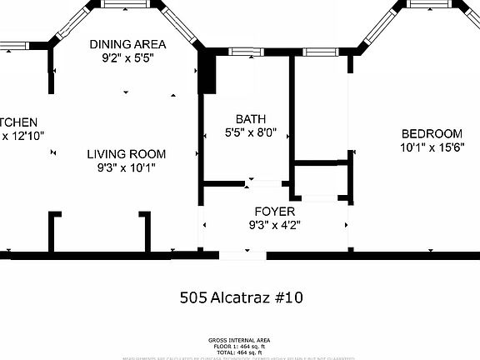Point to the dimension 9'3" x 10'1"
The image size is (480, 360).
[127, 167]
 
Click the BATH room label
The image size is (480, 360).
[250, 118]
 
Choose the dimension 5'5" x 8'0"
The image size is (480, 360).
[250, 132]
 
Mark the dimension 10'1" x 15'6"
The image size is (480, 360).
[431, 148]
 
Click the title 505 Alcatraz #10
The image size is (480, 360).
[240, 297]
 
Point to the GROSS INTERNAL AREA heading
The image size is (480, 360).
[240, 341]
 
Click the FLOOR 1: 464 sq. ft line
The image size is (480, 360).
[240, 346]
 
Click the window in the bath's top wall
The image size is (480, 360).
[243, 52]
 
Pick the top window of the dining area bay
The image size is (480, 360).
[127, 4]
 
